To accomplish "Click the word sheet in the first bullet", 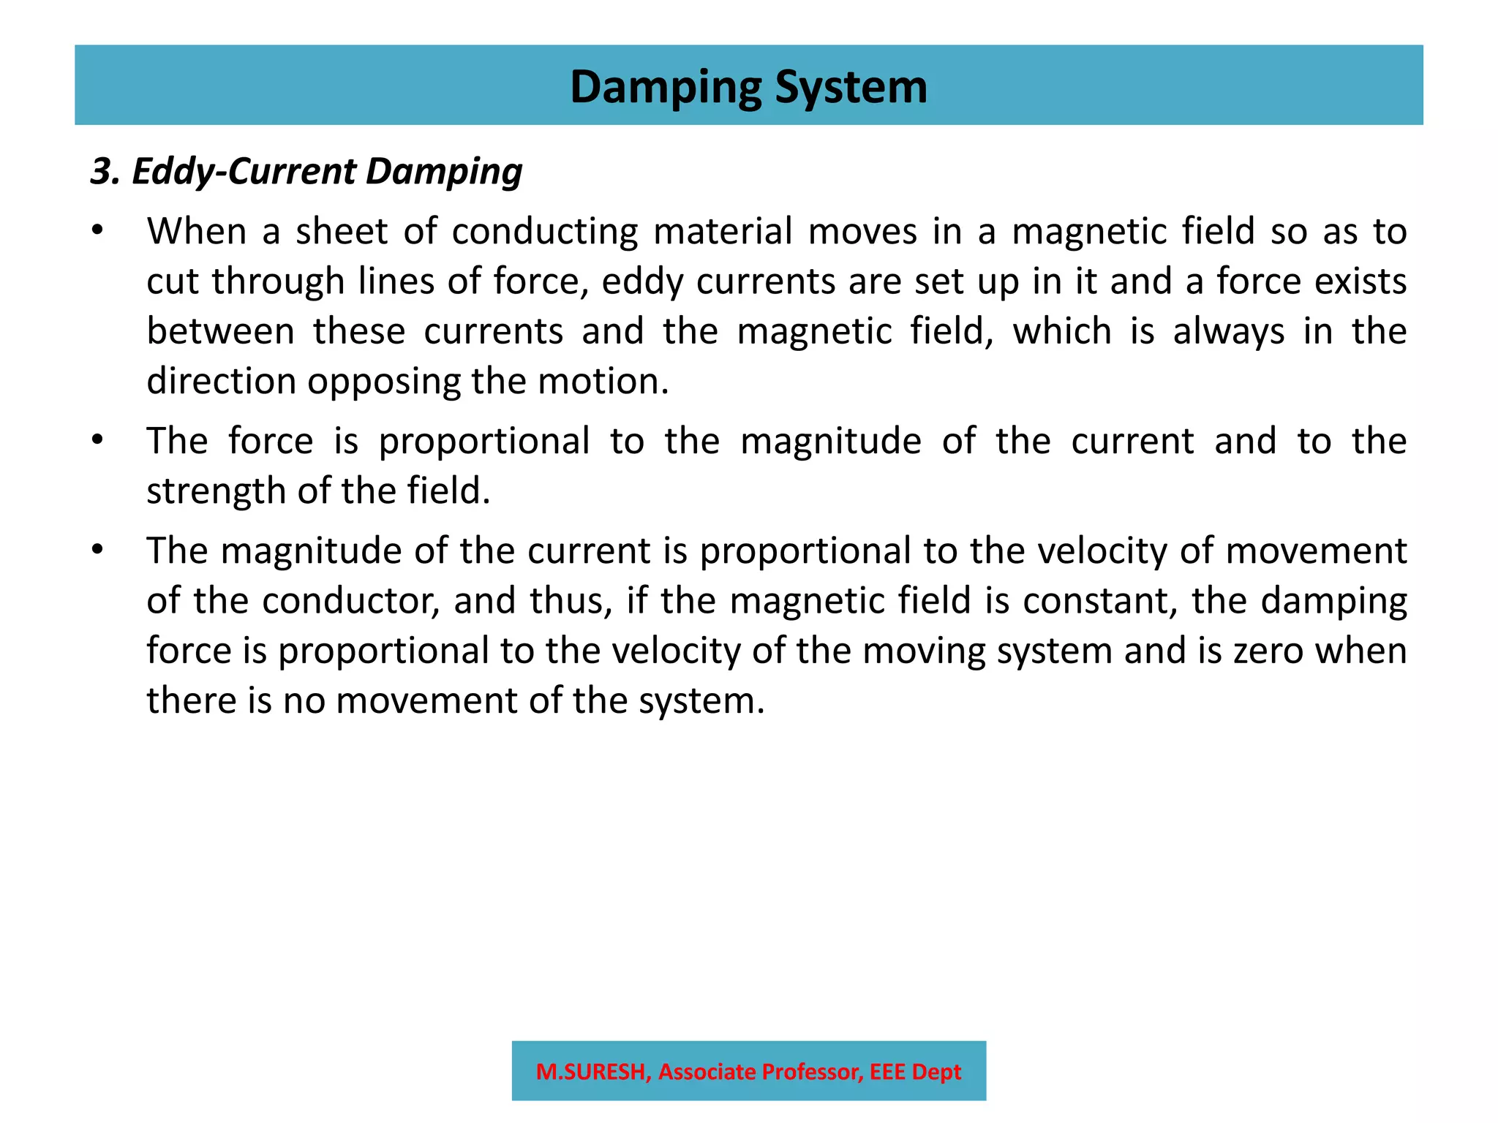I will [341, 232].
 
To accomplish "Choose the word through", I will [278, 281].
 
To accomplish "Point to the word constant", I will [1100, 601].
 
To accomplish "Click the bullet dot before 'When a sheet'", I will [97, 231].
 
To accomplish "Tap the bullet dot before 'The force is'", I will [97, 441].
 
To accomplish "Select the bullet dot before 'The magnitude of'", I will [97, 550].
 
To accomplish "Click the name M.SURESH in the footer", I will [591, 1072].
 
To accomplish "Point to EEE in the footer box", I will [887, 1072].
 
